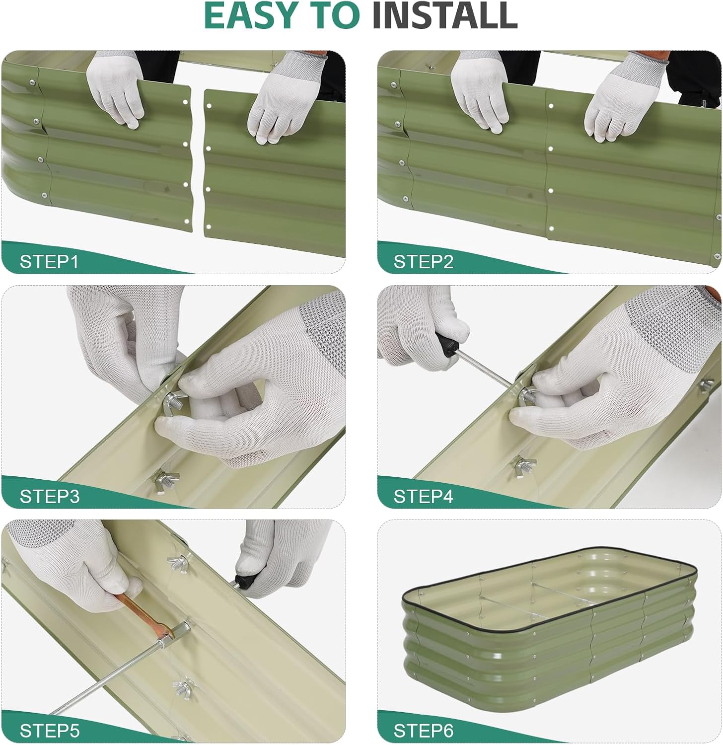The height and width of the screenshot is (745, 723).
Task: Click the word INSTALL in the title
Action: pyautogui.click(x=445, y=16)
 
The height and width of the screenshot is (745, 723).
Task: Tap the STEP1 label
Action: pyautogui.click(x=49, y=262)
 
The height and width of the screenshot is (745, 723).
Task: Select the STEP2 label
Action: pyautogui.click(x=424, y=262)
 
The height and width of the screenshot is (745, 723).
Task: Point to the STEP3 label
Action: pyautogui.click(x=49, y=496)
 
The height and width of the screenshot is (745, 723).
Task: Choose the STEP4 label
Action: pyautogui.click(x=424, y=496)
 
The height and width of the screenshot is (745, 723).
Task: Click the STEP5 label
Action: pyautogui.click(x=49, y=731)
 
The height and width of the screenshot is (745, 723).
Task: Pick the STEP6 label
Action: pyautogui.click(x=424, y=731)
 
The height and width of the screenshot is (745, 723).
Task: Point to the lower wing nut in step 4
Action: pyautogui.click(x=525, y=465)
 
